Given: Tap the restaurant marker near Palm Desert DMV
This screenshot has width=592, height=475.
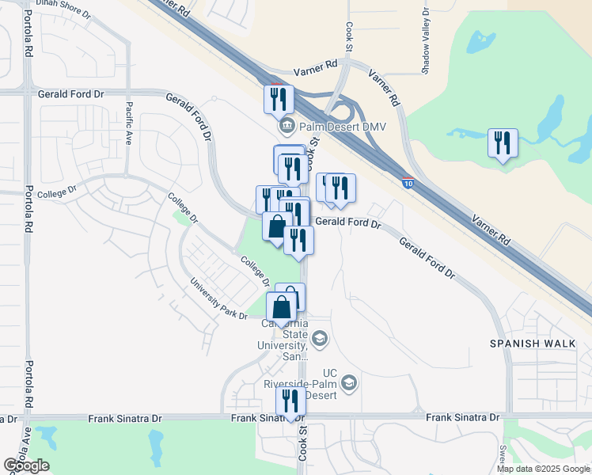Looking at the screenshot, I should pos(279,99).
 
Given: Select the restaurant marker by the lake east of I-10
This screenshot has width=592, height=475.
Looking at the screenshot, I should pos(503,143).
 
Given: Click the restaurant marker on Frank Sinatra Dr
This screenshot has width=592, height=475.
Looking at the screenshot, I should pos(290,401).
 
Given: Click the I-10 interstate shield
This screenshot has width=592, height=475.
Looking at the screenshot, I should pos(407,182).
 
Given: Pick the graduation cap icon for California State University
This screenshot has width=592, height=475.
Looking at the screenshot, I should pos(320,340).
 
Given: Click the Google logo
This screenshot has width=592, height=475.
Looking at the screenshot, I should pos(26,465).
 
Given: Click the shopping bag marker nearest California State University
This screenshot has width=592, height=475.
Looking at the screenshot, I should pos(282,307).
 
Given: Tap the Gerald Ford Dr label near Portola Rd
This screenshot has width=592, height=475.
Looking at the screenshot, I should pos(70,93).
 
